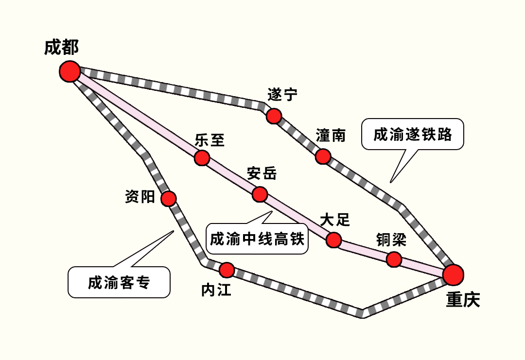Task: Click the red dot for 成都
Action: (70, 71)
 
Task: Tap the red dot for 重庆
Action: (453, 275)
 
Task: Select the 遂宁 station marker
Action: (274, 116)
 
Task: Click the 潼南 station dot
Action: (323, 156)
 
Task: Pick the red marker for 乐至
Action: (202, 158)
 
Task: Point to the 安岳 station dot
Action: (260, 194)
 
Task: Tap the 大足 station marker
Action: (333, 240)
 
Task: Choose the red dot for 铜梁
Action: (394, 259)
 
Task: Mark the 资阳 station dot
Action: (168, 198)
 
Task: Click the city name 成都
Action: (61, 48)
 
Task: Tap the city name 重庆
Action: (463, 300)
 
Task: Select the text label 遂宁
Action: (282, 95)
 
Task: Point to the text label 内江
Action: (216, 290)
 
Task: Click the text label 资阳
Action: (140, 197)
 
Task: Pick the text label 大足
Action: (335, 220)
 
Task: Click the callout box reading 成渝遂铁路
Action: (413, 135)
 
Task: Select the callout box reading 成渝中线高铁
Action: (257, 239)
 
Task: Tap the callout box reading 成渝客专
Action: (119, 282)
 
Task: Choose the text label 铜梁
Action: (390, 240)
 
